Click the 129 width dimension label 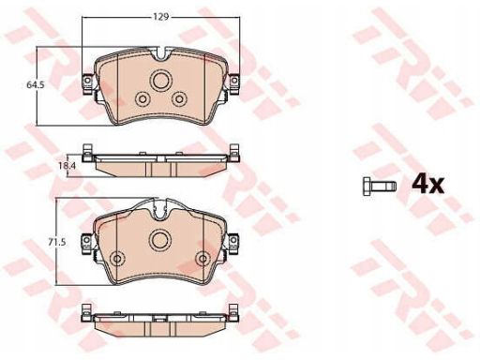[x=160, y=17]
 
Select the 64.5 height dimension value [x=36, y=84]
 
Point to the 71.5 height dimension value [x=56, y=242]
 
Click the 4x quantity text [x=427, y=185]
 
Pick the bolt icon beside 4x [x=380, y=186]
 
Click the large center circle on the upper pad [x=161, y=81]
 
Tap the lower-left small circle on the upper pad [x=142, y=99]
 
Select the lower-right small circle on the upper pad [x=179, y=99]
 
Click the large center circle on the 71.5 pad [x=159, y=240]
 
